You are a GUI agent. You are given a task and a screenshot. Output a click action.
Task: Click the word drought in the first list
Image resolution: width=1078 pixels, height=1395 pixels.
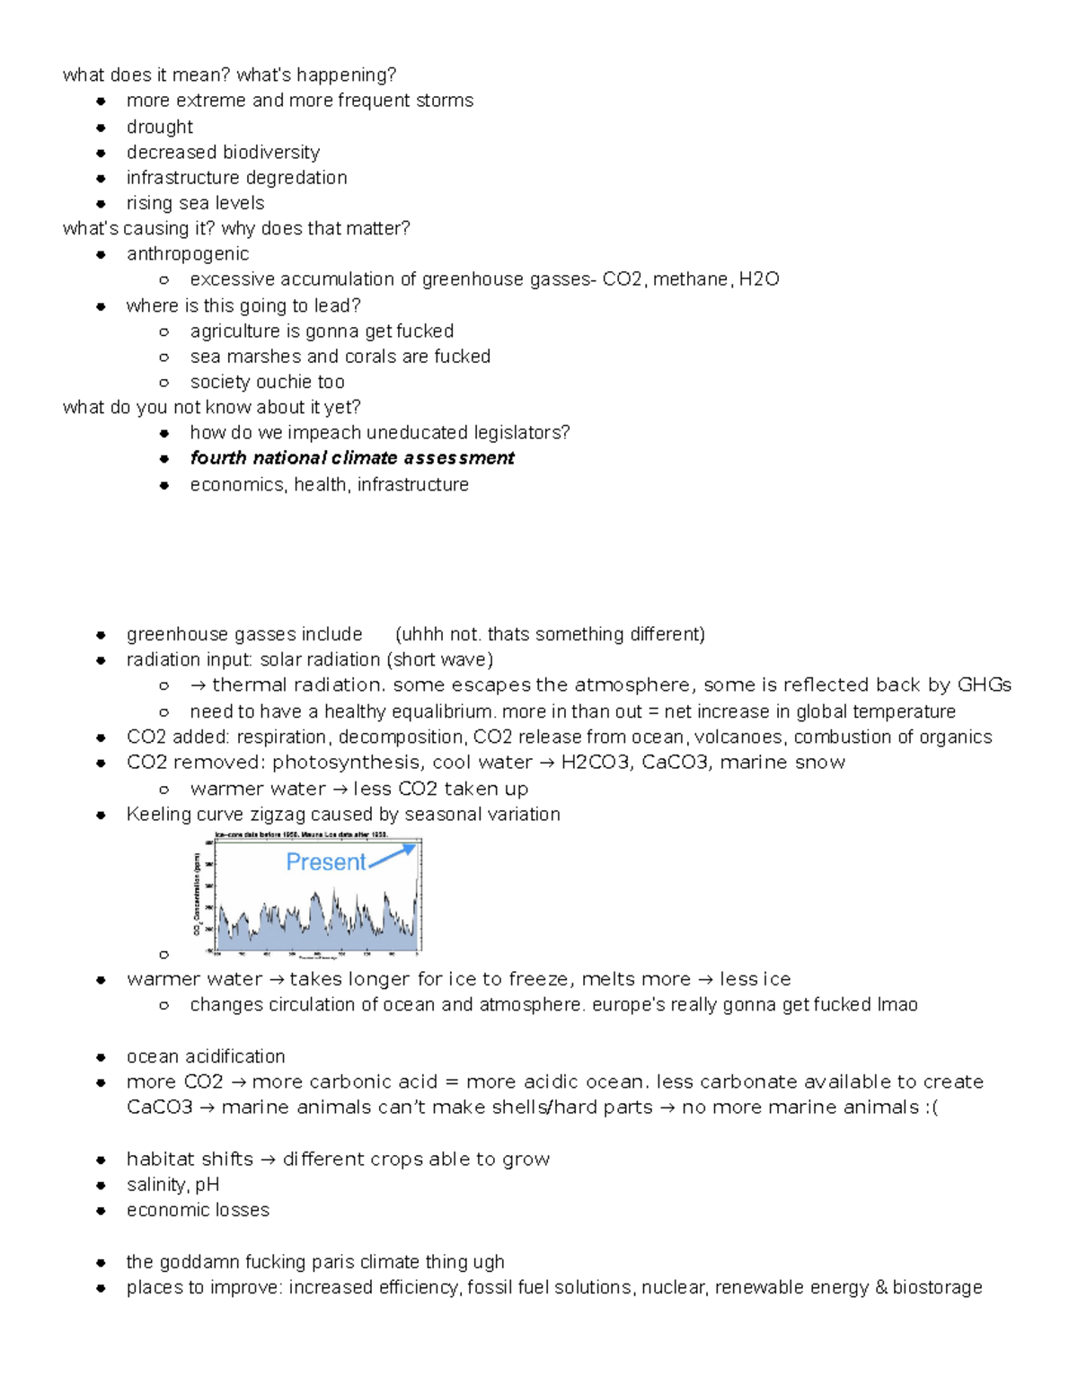(159, 127)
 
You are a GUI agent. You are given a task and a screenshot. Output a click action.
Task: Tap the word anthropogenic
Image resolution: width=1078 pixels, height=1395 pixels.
(187, 253)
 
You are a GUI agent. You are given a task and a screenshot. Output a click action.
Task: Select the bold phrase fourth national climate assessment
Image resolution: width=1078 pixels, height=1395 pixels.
(351, 458)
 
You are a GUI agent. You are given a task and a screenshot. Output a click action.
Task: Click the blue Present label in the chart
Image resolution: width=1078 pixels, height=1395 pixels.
(325, 862)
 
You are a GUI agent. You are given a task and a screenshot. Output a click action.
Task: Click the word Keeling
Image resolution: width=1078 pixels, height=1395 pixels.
(156, 814)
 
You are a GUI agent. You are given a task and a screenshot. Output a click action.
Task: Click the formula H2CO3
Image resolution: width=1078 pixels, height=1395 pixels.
(595, 763)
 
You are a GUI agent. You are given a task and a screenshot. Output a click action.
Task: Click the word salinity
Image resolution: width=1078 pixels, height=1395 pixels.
(157, 1185)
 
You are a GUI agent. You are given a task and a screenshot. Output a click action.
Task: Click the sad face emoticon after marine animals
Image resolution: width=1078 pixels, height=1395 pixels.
(931, 1108)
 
